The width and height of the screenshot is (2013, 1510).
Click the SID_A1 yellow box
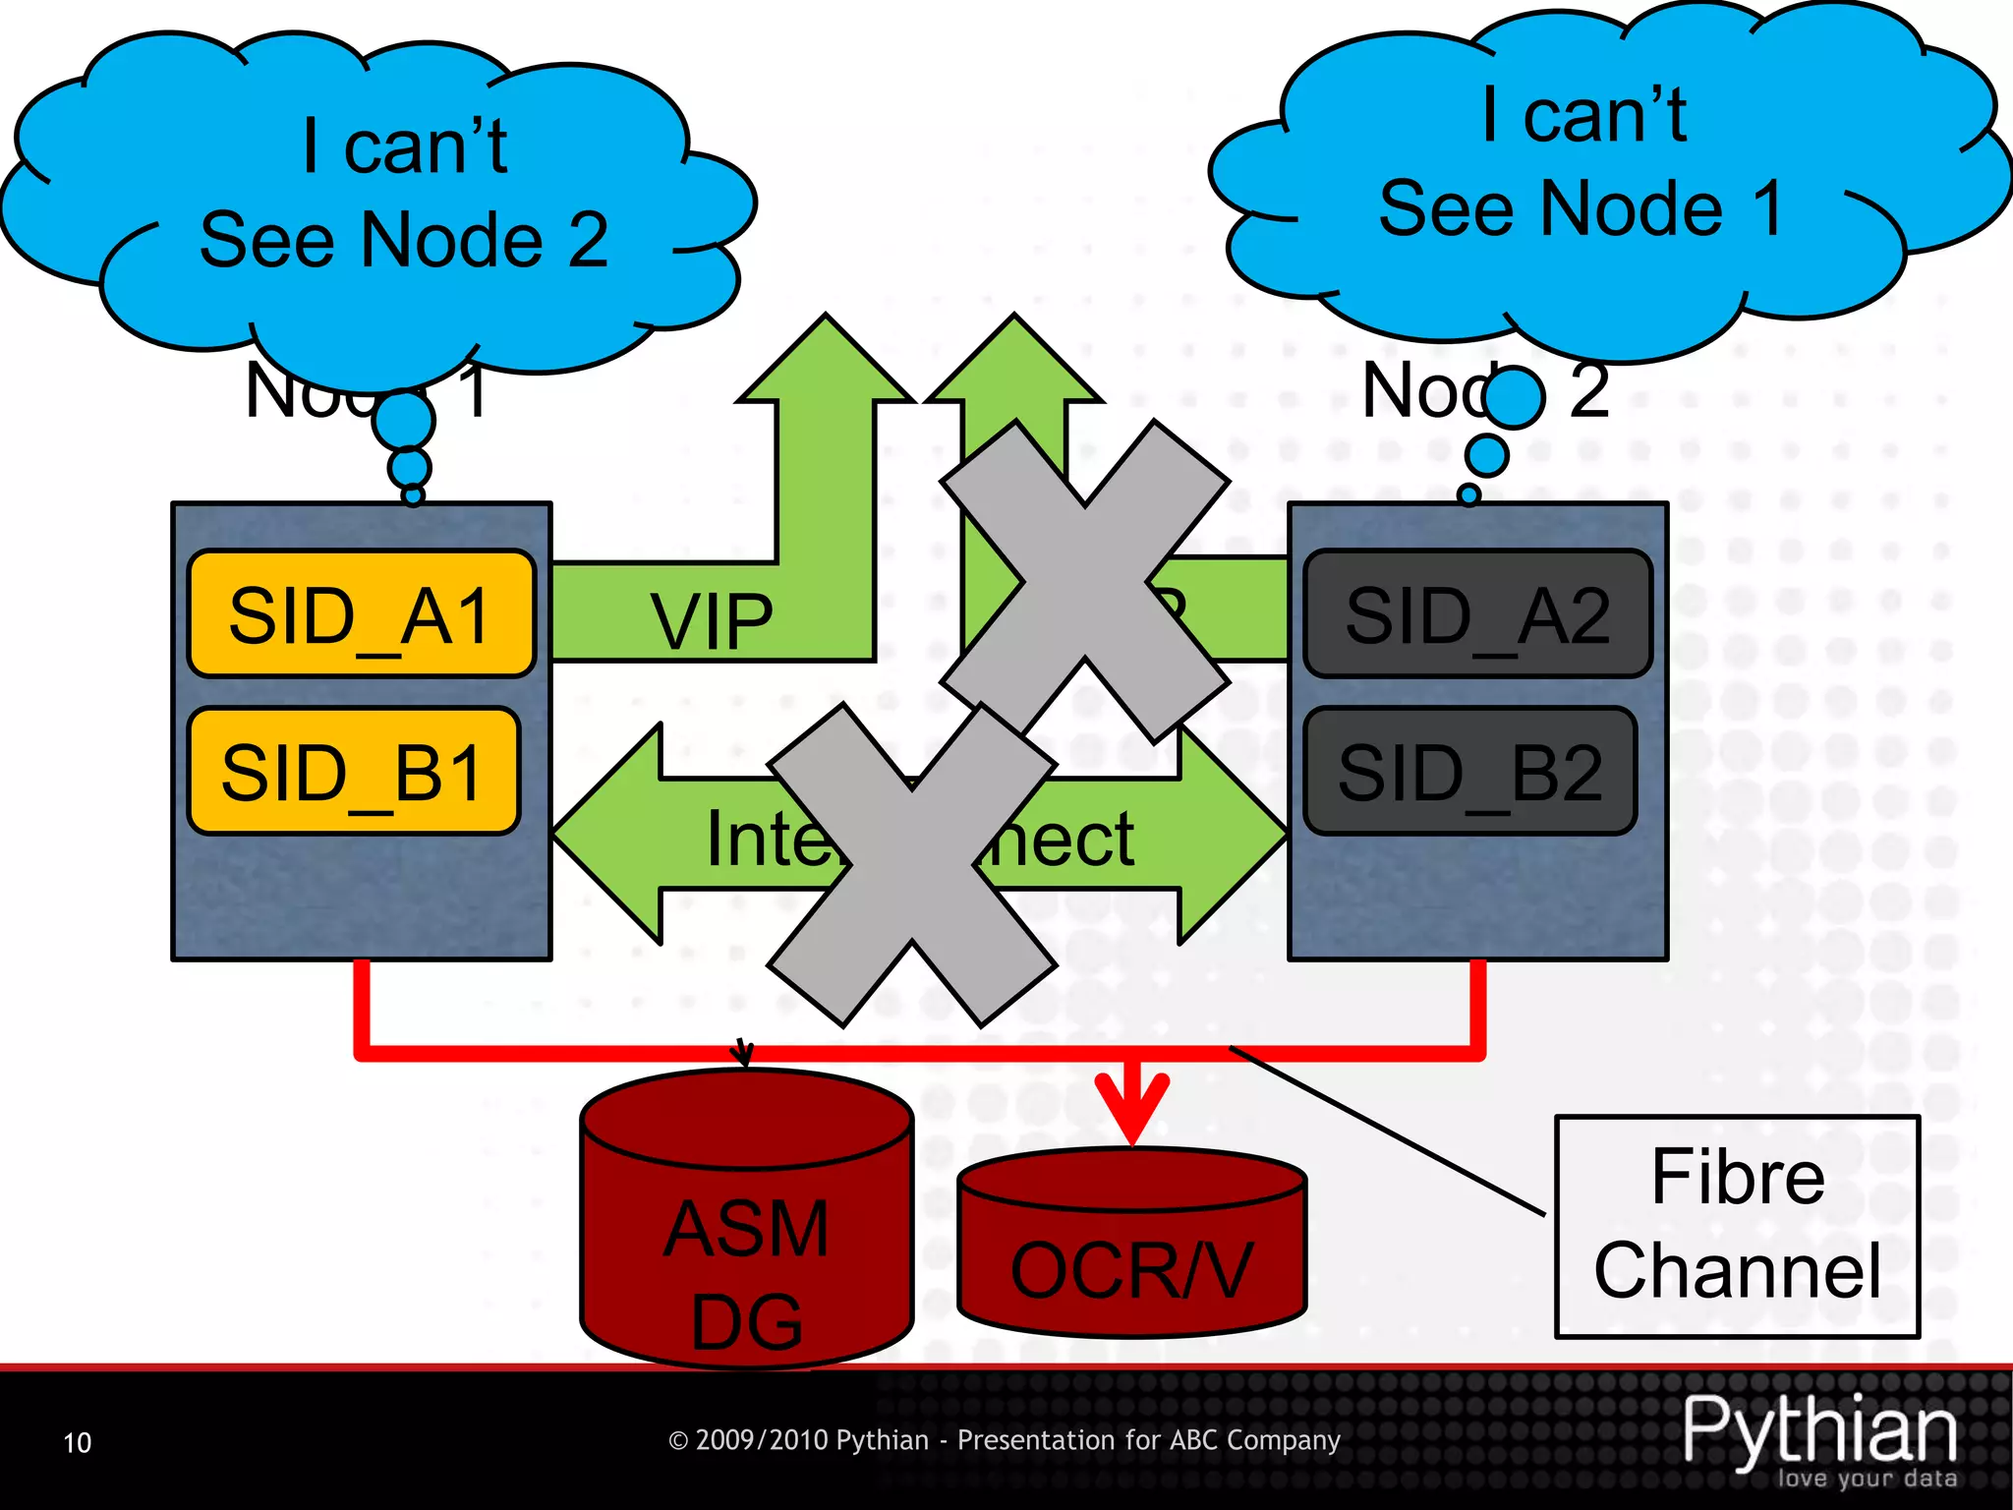(361, 614)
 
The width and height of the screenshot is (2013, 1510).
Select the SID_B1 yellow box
(353, 772)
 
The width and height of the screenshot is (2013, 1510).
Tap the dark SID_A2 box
(1477, 614)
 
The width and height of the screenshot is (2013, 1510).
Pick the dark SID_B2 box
(1469, 772)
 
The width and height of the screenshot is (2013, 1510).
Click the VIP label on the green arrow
(712, 621)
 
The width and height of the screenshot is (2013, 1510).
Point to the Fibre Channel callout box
(1737, 1226)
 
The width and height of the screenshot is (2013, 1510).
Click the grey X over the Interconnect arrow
(912, 865)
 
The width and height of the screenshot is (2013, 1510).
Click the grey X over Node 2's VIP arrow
(1084, 582)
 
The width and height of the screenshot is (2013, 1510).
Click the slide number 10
(77, 1442)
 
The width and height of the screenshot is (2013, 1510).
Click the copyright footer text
(1004, 1440)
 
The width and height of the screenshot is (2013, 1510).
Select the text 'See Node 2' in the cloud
(404, 240)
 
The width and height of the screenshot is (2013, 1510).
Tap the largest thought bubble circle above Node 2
(1514, 396)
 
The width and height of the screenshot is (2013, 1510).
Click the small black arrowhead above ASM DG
(743, 1055)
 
